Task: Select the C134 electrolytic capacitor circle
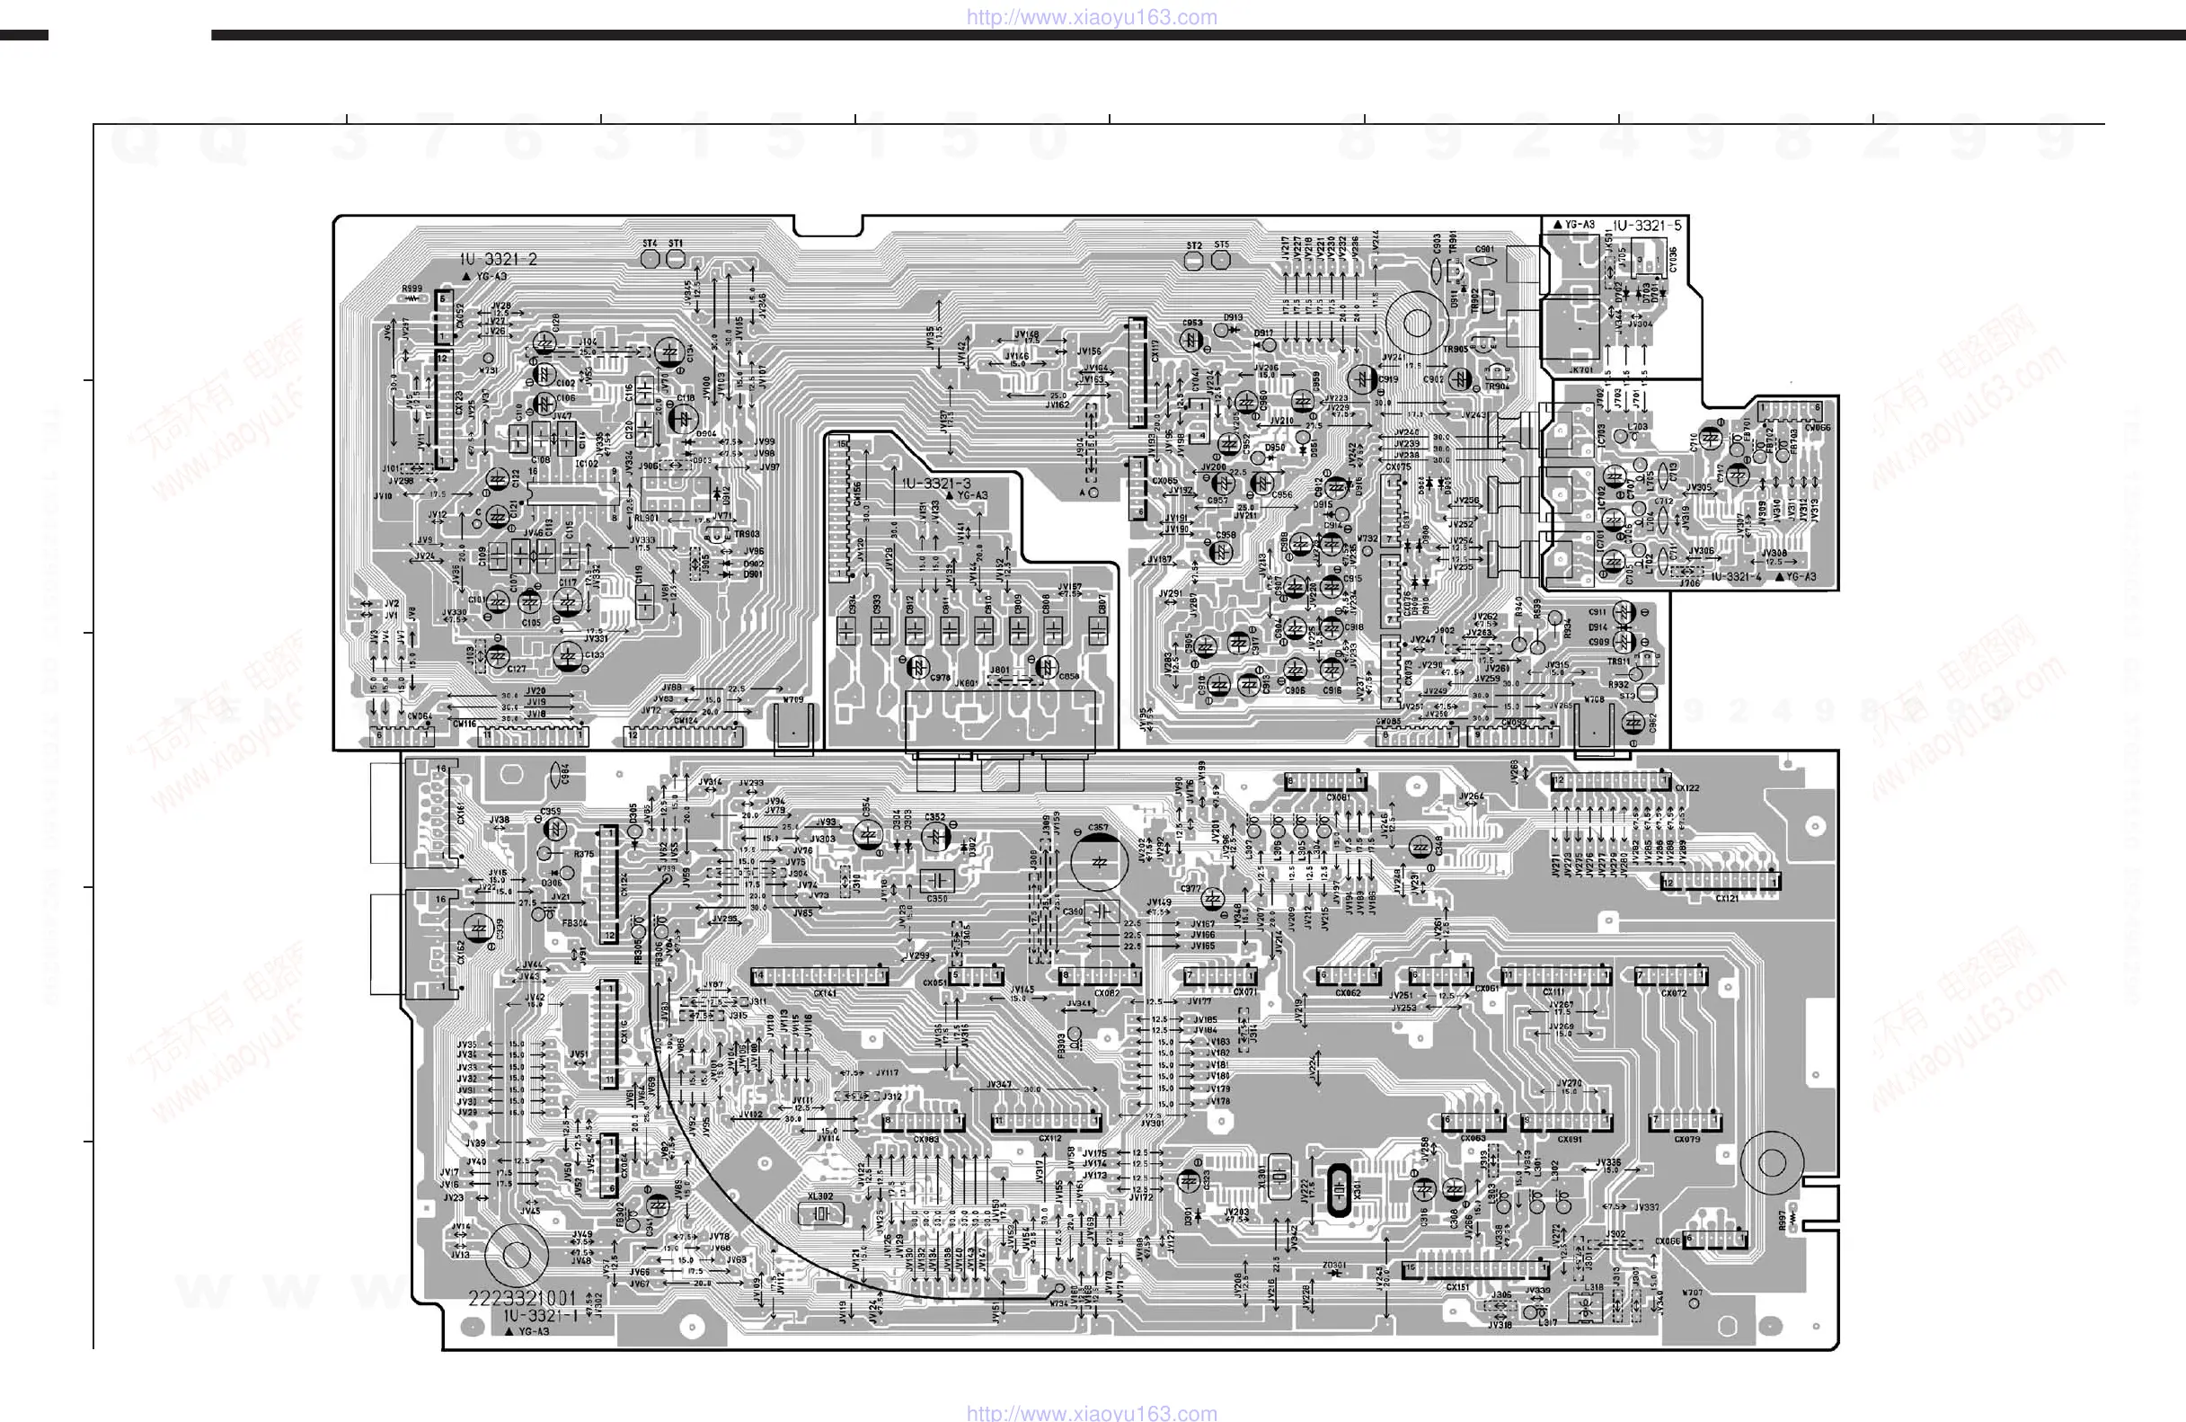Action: click(668, 352)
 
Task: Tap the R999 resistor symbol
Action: click(412, 298)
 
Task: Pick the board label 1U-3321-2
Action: click(499, 260)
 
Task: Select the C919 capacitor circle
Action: click(1361, 378)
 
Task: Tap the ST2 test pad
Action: click(1194, 261)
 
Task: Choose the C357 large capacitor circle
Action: click(1099, 863)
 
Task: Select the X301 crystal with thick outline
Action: click(1340, 1190)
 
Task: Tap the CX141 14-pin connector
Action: click(819, 975)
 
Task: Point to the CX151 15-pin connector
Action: click(1475, 1270)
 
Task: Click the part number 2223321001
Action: click(522, 1298)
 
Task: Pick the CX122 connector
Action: click(1610, 782)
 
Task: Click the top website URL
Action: click(1091, 16)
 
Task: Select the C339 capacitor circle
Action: click(478, 929)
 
